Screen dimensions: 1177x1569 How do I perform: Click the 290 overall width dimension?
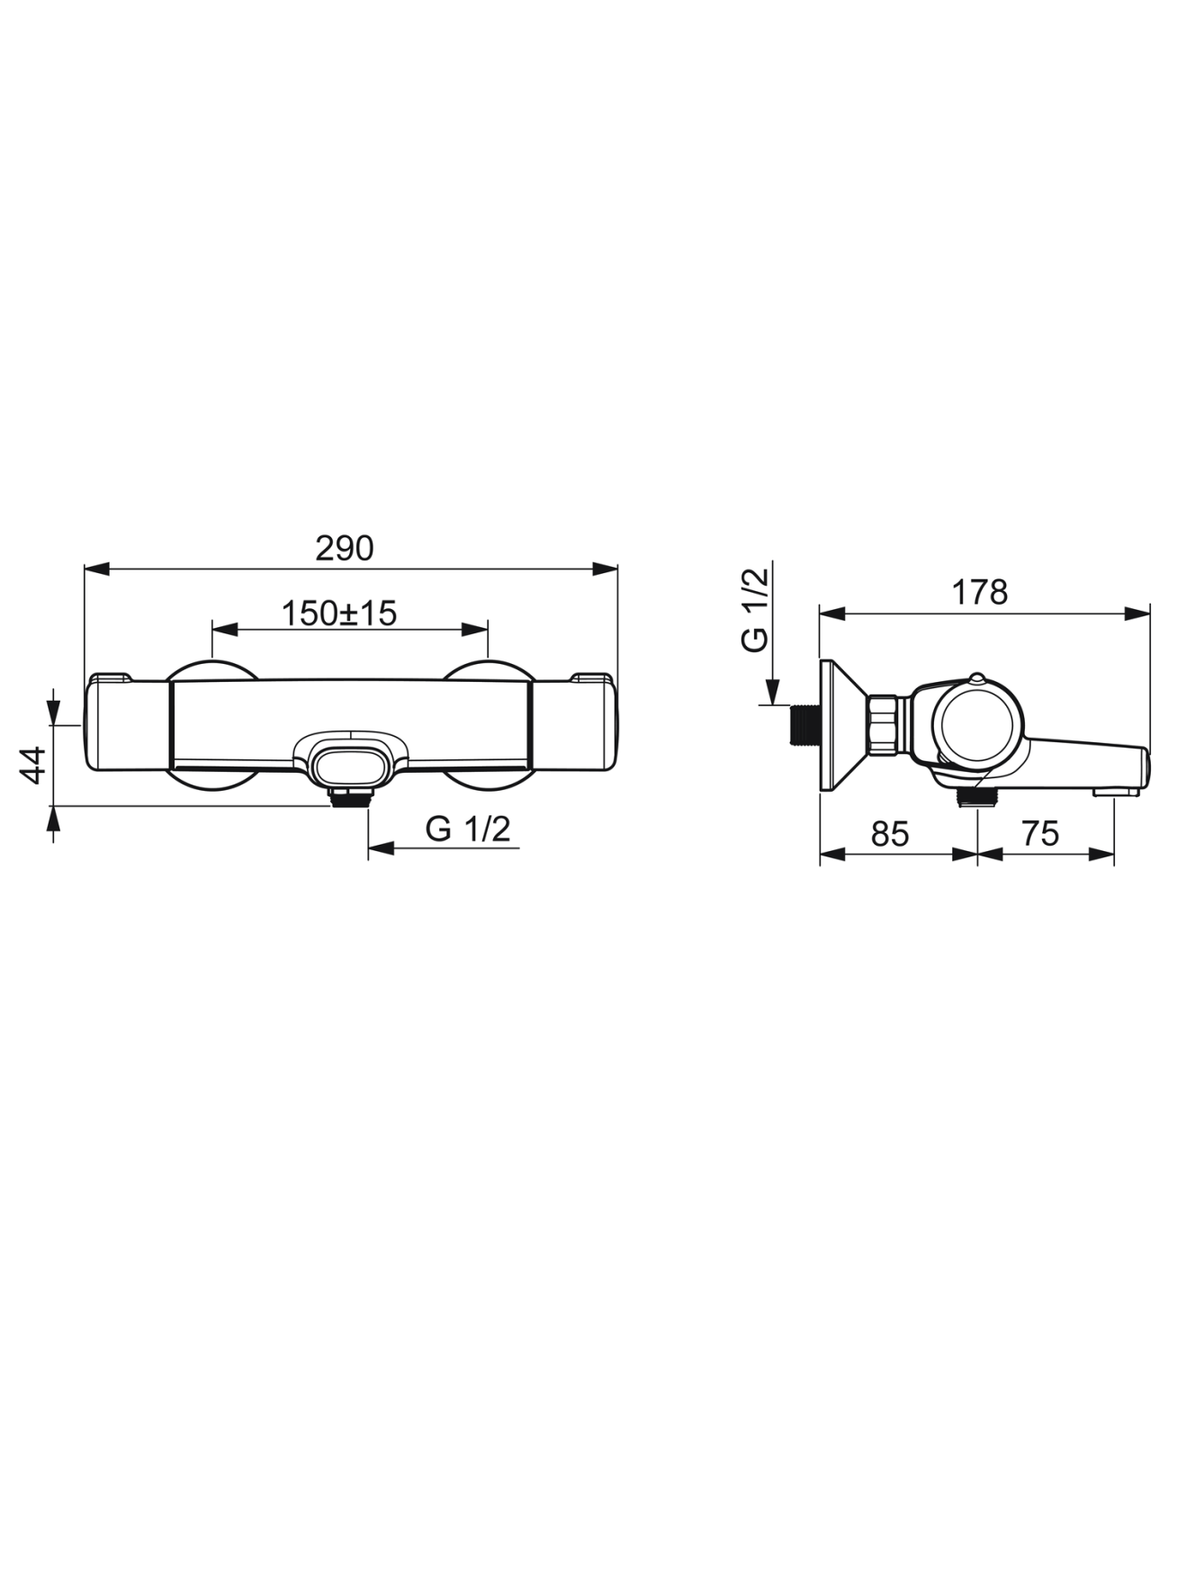click(x=344, y=548)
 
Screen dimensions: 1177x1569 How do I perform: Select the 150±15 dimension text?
click(x=339, y=614)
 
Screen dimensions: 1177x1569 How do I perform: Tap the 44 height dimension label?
click(x=33, y=765)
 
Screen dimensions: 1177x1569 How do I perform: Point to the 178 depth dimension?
click(x=980, y=593)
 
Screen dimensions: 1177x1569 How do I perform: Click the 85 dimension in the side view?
click(x=890, y=834)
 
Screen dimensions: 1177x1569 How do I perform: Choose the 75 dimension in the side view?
click(x=1041, y=834)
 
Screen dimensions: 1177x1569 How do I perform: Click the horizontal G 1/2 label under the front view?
click(x=468, y=829)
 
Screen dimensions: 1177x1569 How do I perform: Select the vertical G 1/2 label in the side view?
click(x=755, y=609)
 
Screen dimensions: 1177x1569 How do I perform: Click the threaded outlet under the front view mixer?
click(x=349, y=796)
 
